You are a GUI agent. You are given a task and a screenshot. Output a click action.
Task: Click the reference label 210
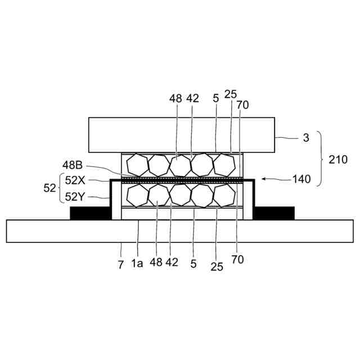point(338,160)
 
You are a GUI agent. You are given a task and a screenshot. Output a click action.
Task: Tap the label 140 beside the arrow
point(301,179)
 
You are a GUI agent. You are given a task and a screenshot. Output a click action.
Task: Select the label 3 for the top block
point(306,138)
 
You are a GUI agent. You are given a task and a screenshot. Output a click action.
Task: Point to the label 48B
point(73,165)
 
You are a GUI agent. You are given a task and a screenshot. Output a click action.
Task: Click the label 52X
point(75,181)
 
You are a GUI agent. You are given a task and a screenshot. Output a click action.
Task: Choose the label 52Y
point(75,196)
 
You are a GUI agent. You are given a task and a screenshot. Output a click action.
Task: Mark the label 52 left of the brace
point(50,188)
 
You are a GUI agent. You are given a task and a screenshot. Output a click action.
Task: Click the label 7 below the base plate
point(121,265)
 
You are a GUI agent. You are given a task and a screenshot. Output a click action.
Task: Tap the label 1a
point(137,263)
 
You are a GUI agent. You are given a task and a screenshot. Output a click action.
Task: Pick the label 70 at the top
point(242,105)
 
